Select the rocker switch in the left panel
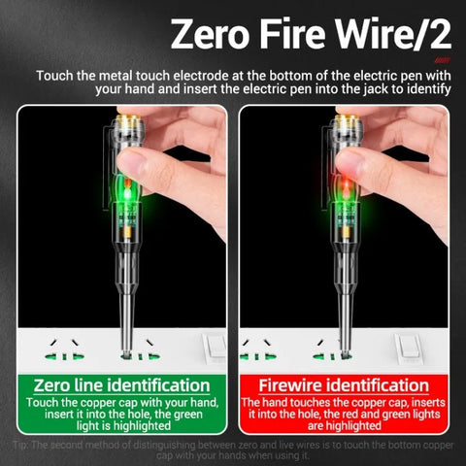215,346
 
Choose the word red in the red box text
363,414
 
